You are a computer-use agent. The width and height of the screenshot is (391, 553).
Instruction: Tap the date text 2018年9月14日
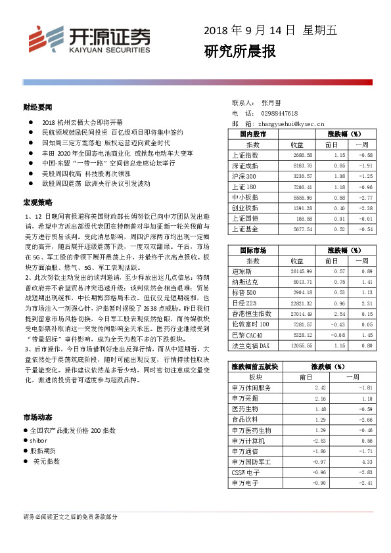pos(252,30)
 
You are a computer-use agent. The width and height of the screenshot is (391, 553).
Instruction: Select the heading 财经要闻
pos(37,106)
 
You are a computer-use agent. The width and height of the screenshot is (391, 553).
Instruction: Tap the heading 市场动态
pos(37,416)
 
